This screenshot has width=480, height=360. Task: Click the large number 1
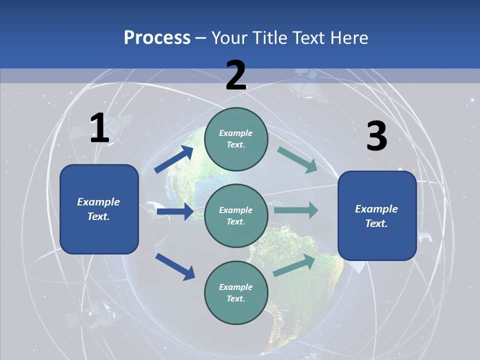pos(99,128)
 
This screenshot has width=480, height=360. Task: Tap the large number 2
pos(236,75)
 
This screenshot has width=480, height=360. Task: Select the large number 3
pos(376,136)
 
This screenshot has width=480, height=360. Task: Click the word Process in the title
pos(157,37)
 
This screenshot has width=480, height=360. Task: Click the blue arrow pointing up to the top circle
pos(173,159)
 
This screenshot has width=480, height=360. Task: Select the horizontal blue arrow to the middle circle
pos(175,211)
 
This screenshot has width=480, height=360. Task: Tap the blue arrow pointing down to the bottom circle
pos(175,266)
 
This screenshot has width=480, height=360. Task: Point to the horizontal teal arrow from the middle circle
pos(296,210)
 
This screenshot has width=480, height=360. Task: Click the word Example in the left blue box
pos(98,202)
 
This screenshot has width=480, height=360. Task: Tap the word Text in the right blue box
pos(375,223)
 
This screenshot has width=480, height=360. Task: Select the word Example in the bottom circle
pos(235,287)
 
